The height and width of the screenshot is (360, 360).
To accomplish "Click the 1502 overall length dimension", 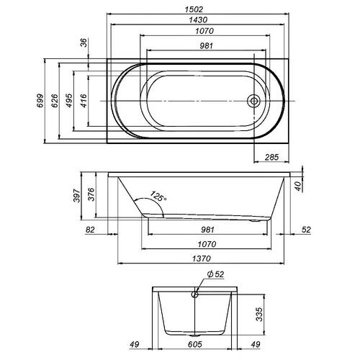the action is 194,9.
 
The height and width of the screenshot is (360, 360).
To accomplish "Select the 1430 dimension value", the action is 198,19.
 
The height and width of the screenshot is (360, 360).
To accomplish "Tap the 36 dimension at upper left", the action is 84,42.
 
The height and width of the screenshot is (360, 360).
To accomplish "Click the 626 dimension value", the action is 55,101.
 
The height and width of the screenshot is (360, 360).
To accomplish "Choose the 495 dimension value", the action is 69,101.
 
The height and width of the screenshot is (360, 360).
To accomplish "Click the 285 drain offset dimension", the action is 271,157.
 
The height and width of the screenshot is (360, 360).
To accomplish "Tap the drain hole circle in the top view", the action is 253,101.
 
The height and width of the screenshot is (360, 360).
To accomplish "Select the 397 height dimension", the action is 76,196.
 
